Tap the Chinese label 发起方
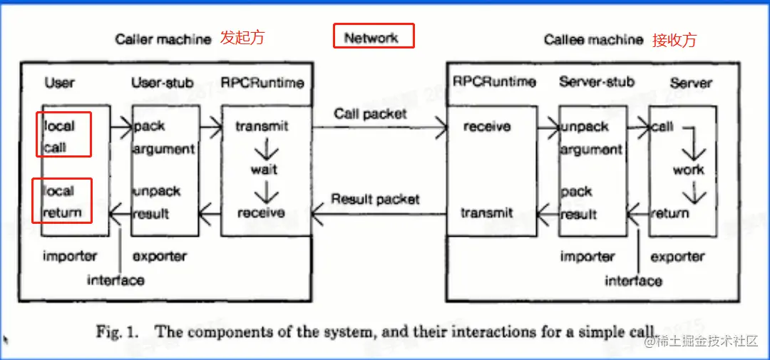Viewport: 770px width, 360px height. point(242,38)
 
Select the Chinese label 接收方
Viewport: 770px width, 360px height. point(674,40)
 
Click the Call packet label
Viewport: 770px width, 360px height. point(370,114)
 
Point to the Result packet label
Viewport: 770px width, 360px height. point(375,200)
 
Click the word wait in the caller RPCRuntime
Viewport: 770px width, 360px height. point(263,170)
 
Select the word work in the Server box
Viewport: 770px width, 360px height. point(688,170)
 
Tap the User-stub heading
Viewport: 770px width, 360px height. point(163,83)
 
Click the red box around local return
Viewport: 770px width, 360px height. point(64,201)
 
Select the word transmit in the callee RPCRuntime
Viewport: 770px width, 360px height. point(487,212)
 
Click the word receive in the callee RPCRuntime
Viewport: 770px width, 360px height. point(487,127)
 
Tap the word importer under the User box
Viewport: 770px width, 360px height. point(70,255)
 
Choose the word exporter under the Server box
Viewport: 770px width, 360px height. point(677,256)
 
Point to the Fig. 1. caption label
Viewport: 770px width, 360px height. point(120,331)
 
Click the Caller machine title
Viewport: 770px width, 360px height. point(163,39)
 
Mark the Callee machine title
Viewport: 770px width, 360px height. point(593,40)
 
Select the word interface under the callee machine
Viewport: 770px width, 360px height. point(633,281)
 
